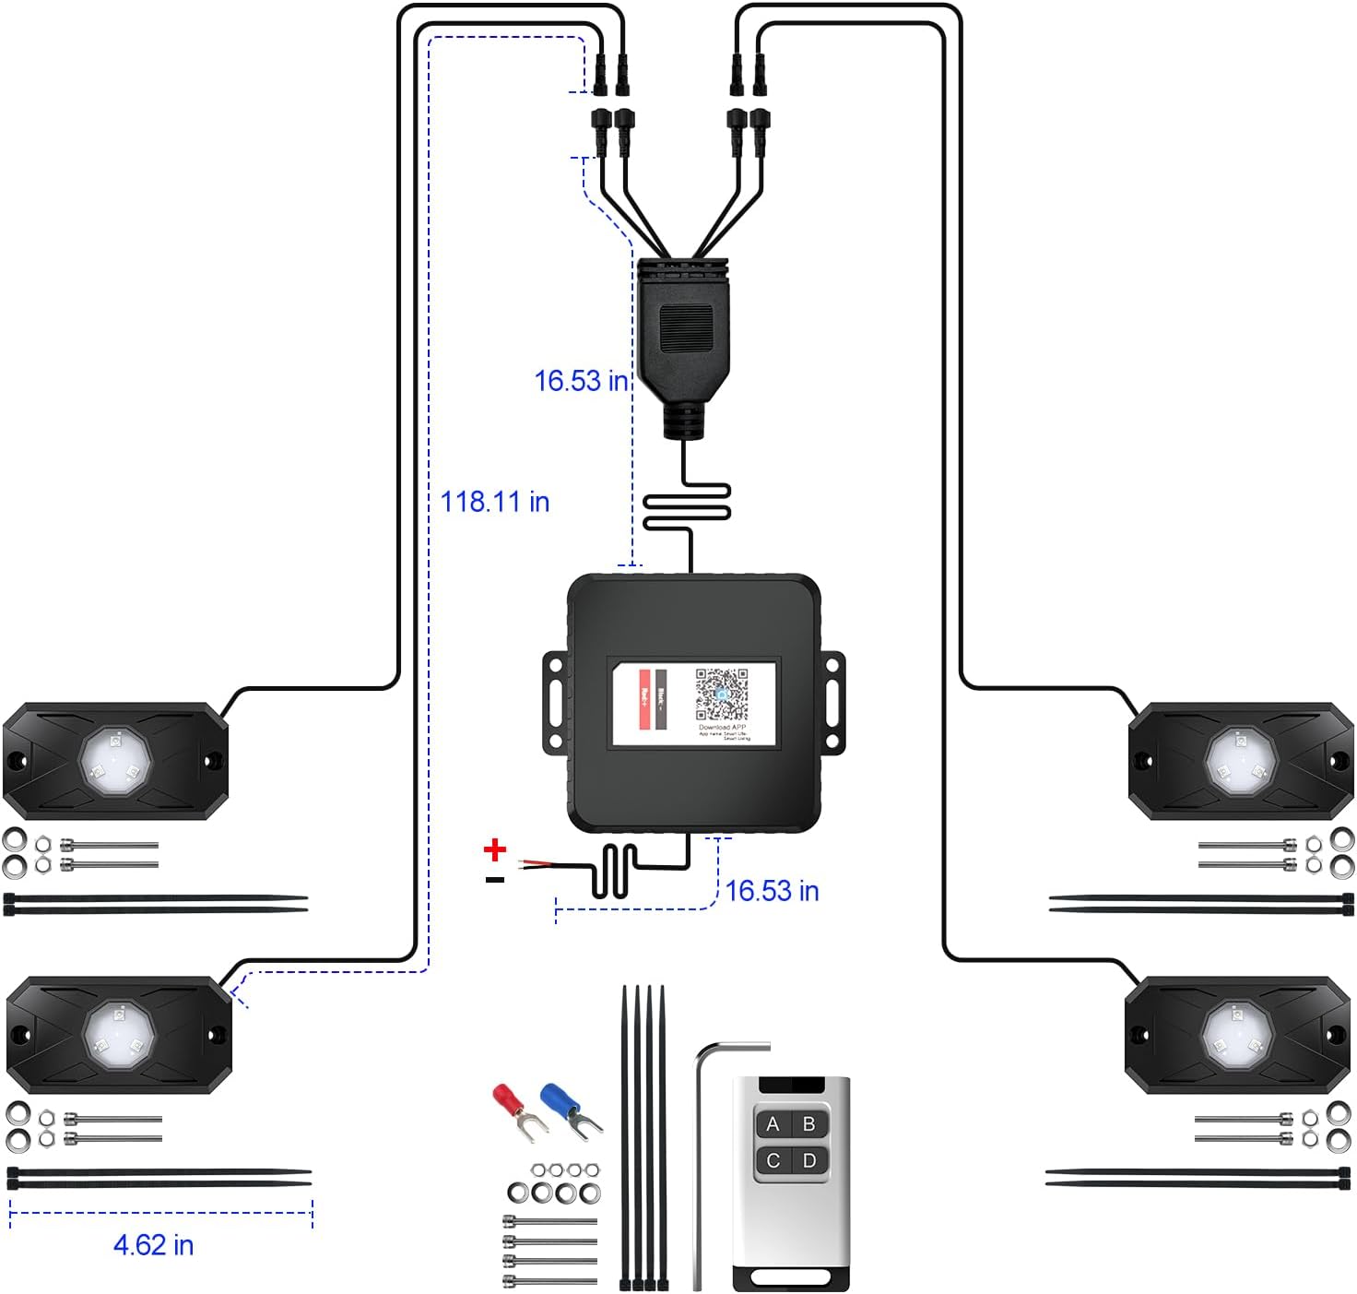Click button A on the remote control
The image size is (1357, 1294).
(x=773, y=1124)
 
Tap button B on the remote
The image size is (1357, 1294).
(x=809, y=1124)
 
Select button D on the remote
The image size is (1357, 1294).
(x=809, y=1160)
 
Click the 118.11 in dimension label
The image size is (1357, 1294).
(x=495, y=502)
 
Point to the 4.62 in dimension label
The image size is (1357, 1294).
(x=153, y=1245)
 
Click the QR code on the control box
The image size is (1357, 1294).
(x=721, y=694)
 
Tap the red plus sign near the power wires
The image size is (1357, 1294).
(x=495, y=849)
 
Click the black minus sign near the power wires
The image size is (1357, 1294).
(x=495, y=880)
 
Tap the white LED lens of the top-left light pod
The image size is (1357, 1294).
(x=115, y=760)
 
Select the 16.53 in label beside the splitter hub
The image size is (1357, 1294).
(x=581, y=381)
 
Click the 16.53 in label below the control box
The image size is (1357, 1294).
(x=772, y=891)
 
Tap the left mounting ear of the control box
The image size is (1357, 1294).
(x=554, y=702)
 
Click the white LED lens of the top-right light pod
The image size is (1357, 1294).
(x=1241, y=762)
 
